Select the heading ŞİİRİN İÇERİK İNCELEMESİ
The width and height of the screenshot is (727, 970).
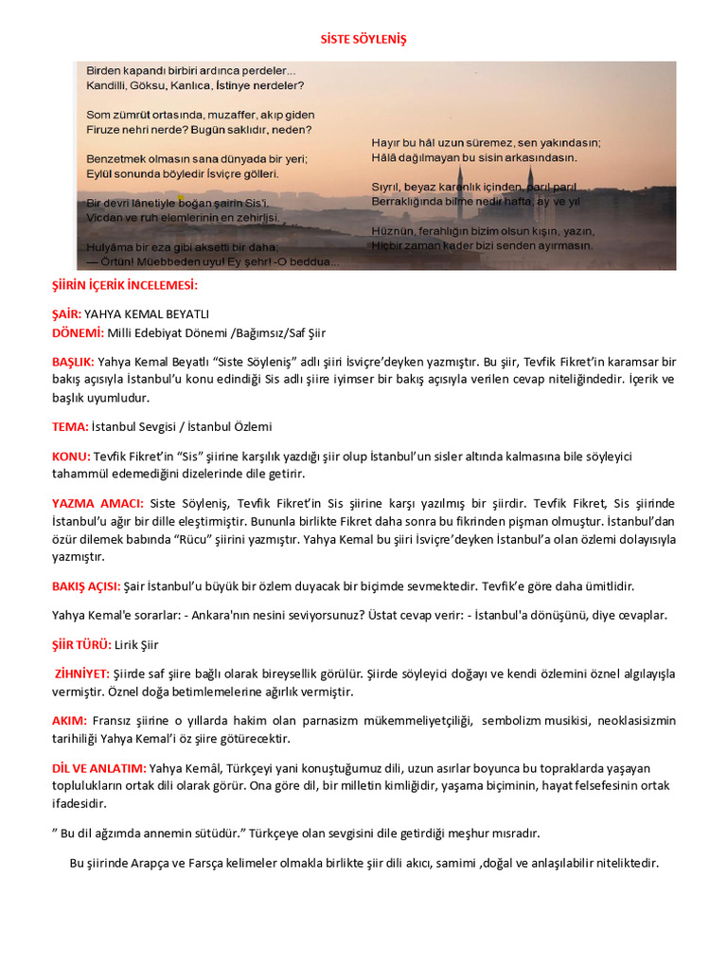tap(125, 285)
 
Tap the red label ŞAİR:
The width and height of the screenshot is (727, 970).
tap(66, 314)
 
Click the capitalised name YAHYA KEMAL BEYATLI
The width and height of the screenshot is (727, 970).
tap(147, 314)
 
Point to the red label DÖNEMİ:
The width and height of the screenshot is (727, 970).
tap(77, 332)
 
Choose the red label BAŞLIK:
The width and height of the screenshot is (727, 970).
tap(74, 362)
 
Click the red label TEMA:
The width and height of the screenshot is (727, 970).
tap(70, 426)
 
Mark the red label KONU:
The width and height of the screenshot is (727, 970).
tap(71, 457)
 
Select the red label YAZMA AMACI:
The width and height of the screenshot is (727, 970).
tap(98, 503)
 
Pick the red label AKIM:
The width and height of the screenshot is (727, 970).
tap(69, 721)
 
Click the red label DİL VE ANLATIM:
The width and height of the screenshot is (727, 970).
tap(98, 767)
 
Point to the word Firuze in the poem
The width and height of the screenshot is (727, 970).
tap(104, 129)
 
